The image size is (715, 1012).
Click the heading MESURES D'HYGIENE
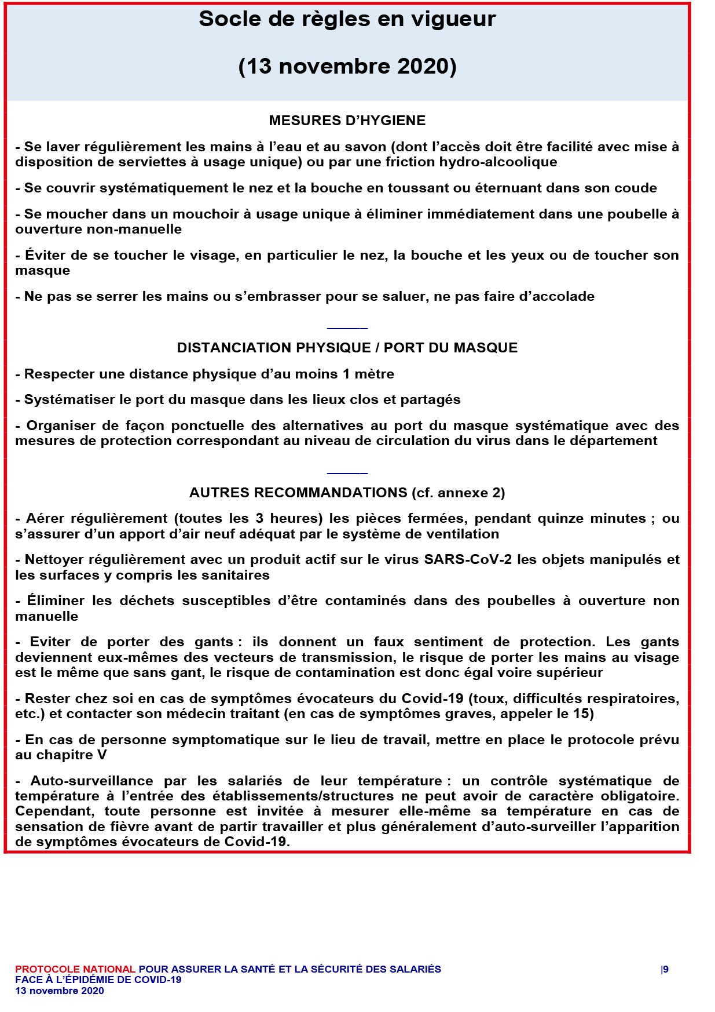pyautogui.click(x=347, y=121)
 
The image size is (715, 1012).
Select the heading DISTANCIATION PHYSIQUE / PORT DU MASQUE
pyautogui.click(x=347, y=348)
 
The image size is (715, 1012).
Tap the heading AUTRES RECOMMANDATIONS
pyautogui.click(x=298, y=493)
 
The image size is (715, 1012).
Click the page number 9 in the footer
pyautogui.click(x=666, y=969)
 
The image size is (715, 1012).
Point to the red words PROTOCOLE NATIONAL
pyautogui.click(x=75, y=969)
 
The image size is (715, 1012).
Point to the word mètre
pyautogui.click(x=374, y=374)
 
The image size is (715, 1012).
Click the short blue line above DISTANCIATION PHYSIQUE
pyautogui.click(x=347, y=329)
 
